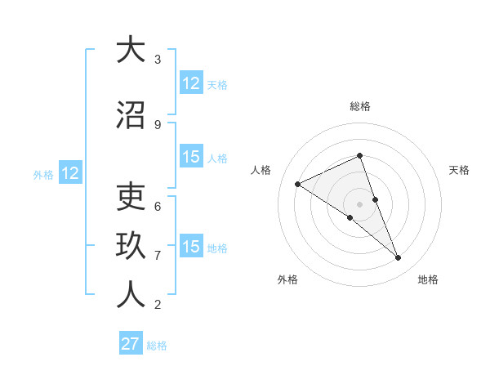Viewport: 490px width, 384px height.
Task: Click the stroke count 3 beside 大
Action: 158,59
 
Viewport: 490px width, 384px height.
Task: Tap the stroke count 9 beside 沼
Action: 158,124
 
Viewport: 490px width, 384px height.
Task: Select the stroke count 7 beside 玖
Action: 158,255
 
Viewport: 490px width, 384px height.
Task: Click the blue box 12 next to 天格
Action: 191,83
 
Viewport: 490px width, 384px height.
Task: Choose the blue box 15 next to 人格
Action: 191,157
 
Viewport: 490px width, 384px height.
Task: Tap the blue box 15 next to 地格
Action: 191,247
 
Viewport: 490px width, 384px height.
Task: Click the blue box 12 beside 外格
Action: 69,173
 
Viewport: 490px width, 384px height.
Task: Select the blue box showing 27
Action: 131,344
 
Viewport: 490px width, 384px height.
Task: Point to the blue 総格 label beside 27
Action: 157,346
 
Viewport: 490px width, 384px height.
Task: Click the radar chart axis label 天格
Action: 459,170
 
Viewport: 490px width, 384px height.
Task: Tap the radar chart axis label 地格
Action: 428,279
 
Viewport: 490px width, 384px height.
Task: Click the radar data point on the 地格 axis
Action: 399,258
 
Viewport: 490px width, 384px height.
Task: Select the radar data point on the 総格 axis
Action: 359,155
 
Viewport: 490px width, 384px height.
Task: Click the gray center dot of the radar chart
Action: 359,203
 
